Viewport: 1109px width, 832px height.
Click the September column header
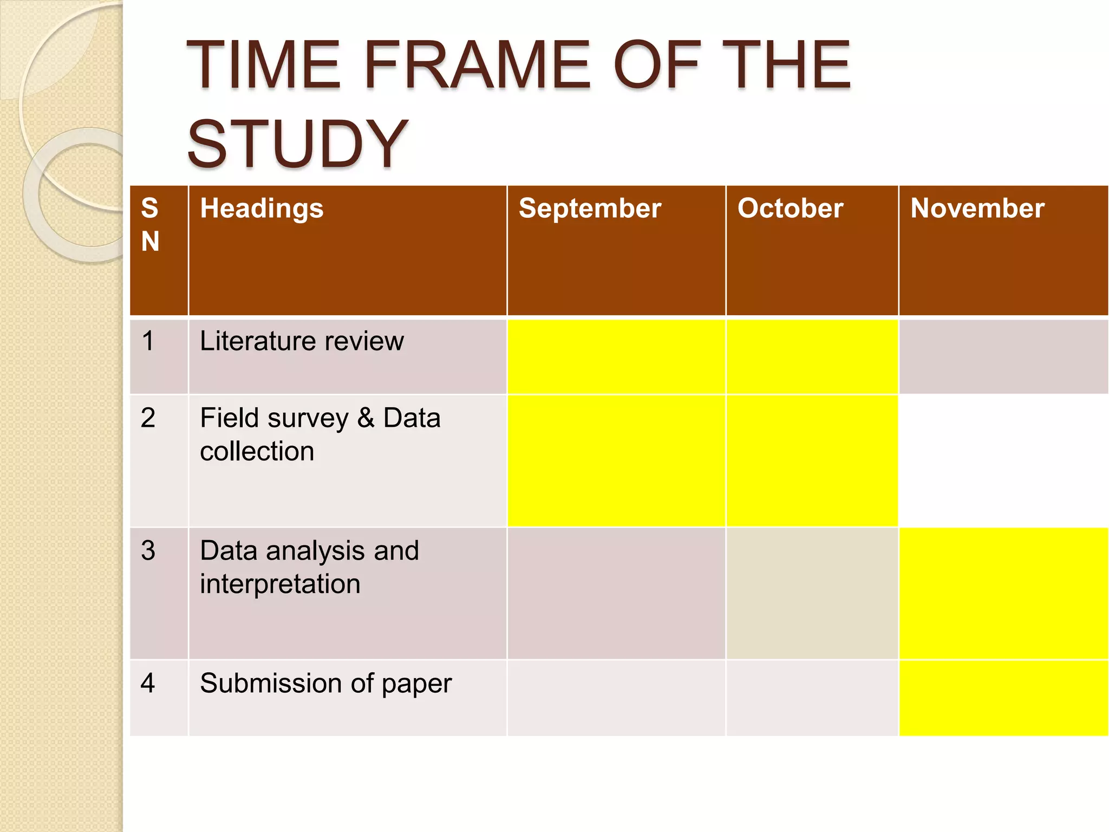click(590, 209)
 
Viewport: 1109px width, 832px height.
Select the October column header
click(790, 209)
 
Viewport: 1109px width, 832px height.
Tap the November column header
click(977, 209)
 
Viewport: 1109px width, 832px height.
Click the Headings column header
click(262, 209)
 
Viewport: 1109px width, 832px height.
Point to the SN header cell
click(151, 224)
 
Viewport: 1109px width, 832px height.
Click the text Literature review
click(302, 341)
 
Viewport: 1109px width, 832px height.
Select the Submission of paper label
click(325, 683)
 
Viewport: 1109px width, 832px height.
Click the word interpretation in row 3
click(280, 584)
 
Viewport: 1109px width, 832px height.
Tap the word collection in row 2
click(257, 451)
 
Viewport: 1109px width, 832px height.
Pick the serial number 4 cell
click(148, 683)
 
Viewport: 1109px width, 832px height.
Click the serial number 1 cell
click(148, 341)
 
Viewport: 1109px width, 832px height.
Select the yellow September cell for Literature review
click(616, 356)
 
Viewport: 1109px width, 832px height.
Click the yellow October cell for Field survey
click(812, 460)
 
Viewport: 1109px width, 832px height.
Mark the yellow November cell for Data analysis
click(1003, 593)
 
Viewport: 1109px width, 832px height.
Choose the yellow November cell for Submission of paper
click(1003, 698)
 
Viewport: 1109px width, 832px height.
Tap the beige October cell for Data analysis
click(812, 593)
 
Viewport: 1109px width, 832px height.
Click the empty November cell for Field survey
click(1003, 460)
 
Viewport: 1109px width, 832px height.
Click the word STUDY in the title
click(297, 144)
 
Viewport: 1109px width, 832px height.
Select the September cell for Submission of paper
click(616, 698)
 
